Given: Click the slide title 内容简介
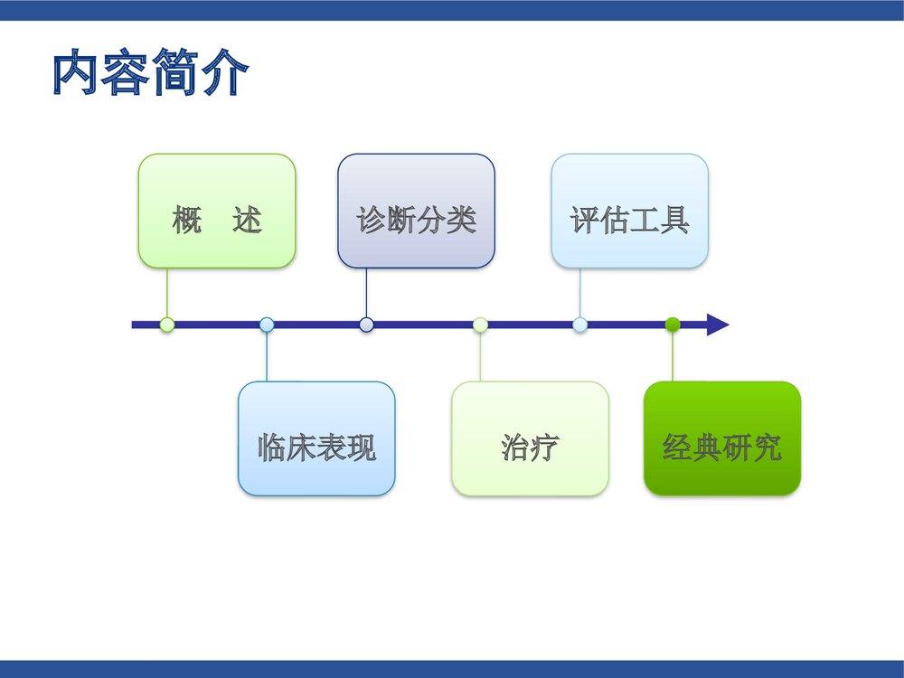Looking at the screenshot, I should (149, 74).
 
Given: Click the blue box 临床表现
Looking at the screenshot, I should (316, 438).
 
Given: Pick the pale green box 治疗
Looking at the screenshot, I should (530, 438).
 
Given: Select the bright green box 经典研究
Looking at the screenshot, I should (721, 438).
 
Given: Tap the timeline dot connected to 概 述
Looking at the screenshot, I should (166, 325).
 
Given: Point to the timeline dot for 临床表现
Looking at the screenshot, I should (267, 325).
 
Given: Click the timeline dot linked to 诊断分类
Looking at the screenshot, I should (366, 325).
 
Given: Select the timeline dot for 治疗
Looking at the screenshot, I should (480, 325).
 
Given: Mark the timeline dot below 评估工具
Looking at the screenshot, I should (580, 325).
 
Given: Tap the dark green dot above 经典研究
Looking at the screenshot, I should (672, 325).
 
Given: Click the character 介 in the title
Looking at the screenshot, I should (223, 74).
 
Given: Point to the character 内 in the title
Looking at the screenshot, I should (75, 74).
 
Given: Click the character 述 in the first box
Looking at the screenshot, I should (247, 220).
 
